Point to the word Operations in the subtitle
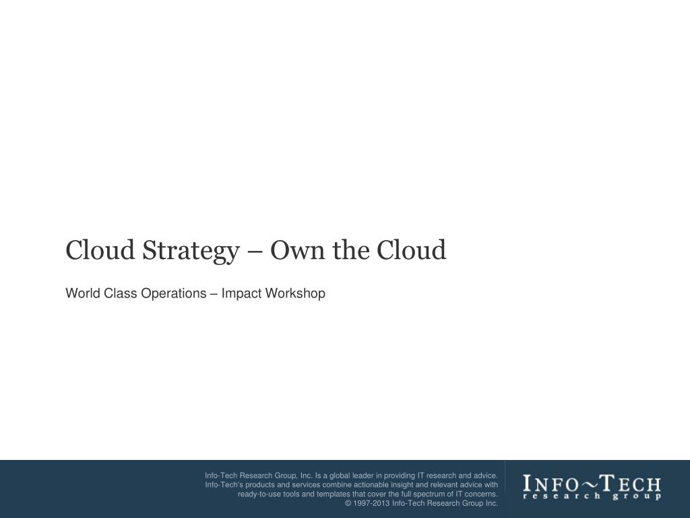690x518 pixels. click(x=174, y=293)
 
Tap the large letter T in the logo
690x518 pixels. click(x=606, y=484)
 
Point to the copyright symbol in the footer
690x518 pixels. click(x=348, y=503)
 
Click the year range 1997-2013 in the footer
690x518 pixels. click(x=371, y=503)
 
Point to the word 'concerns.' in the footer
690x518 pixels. click(x=480, y=494)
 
